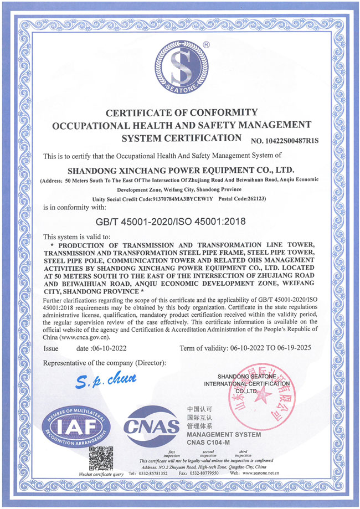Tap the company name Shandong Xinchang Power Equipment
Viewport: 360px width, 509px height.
(x=180, y=169)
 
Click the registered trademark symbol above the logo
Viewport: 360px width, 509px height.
(x=206, y=43)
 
